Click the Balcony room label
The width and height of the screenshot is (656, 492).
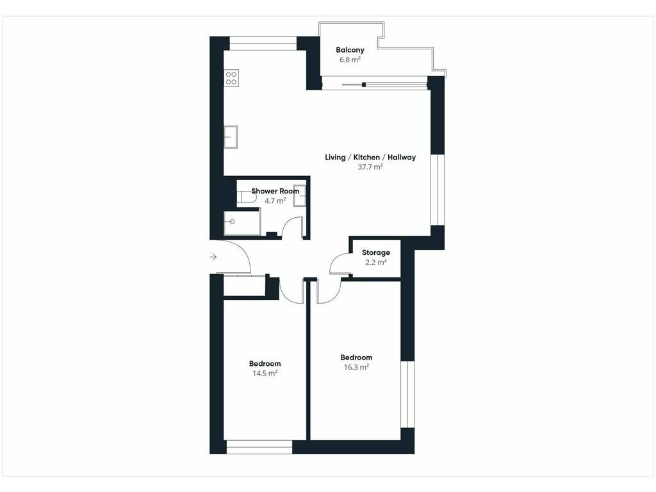(x=350, y=50)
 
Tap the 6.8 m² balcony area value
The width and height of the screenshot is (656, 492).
(x=350, y=60)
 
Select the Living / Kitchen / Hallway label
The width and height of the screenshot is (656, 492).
(x=370, y=158)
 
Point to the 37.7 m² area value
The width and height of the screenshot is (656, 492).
(x=370, y=167)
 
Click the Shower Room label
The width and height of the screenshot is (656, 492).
(x=275, y=191)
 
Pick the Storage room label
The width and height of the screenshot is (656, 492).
(x=375, y=252)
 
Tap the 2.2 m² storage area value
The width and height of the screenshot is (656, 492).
(x=375, y=262)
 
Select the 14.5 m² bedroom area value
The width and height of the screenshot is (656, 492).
(x=265, y=373)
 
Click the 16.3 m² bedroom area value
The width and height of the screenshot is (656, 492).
(x=356, y=367)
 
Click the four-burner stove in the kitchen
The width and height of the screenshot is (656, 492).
(x=231, y=78)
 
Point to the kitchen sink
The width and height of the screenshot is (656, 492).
(x=231, y=137)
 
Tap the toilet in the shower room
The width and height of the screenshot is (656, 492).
(x=247, y=198)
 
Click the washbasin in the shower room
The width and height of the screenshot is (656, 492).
(x=300, y=195)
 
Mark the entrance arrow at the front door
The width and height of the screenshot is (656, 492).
(x=213, y=257)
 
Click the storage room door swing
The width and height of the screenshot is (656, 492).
(x=340, y=264)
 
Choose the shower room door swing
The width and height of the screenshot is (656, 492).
(x=293, y=227)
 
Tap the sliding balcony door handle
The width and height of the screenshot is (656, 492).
(x=364, y=85)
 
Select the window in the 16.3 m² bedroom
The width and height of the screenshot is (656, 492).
(x=407, y=394)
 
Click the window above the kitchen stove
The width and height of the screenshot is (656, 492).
(x=263, y=44)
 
